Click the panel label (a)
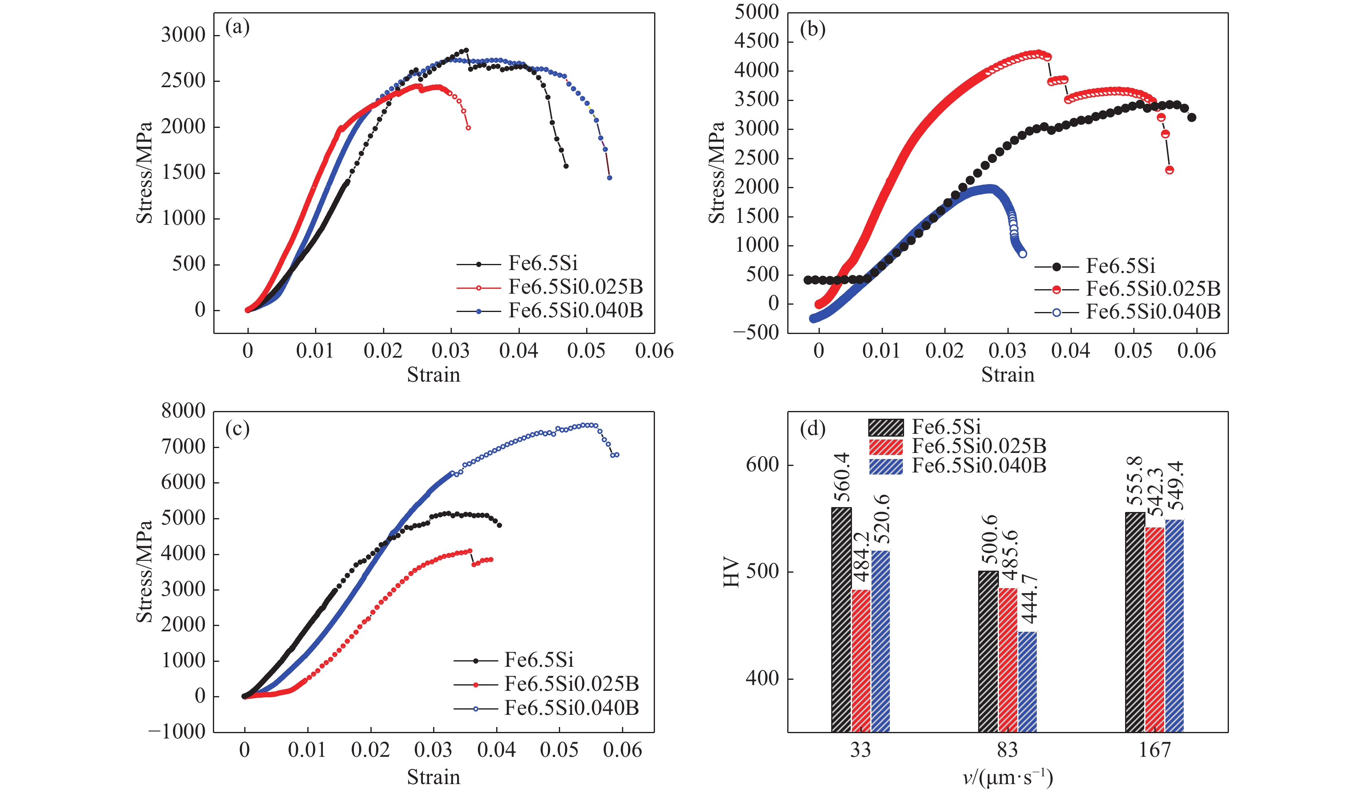point(237,27)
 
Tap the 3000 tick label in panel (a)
point(183,35)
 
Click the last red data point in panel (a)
point(468,128)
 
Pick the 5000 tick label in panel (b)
point(756,12)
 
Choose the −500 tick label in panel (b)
point(756,332)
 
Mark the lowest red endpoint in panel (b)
point(1169,170)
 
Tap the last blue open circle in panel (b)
point(1023,254)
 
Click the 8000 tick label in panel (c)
point(183,411)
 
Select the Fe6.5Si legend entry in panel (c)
point(539,660)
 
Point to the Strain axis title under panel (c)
point(434,777)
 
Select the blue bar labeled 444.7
point(1027,681)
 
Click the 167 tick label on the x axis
point(1154,750)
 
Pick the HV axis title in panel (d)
point(731,572)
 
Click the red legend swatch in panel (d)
point(886,446)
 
